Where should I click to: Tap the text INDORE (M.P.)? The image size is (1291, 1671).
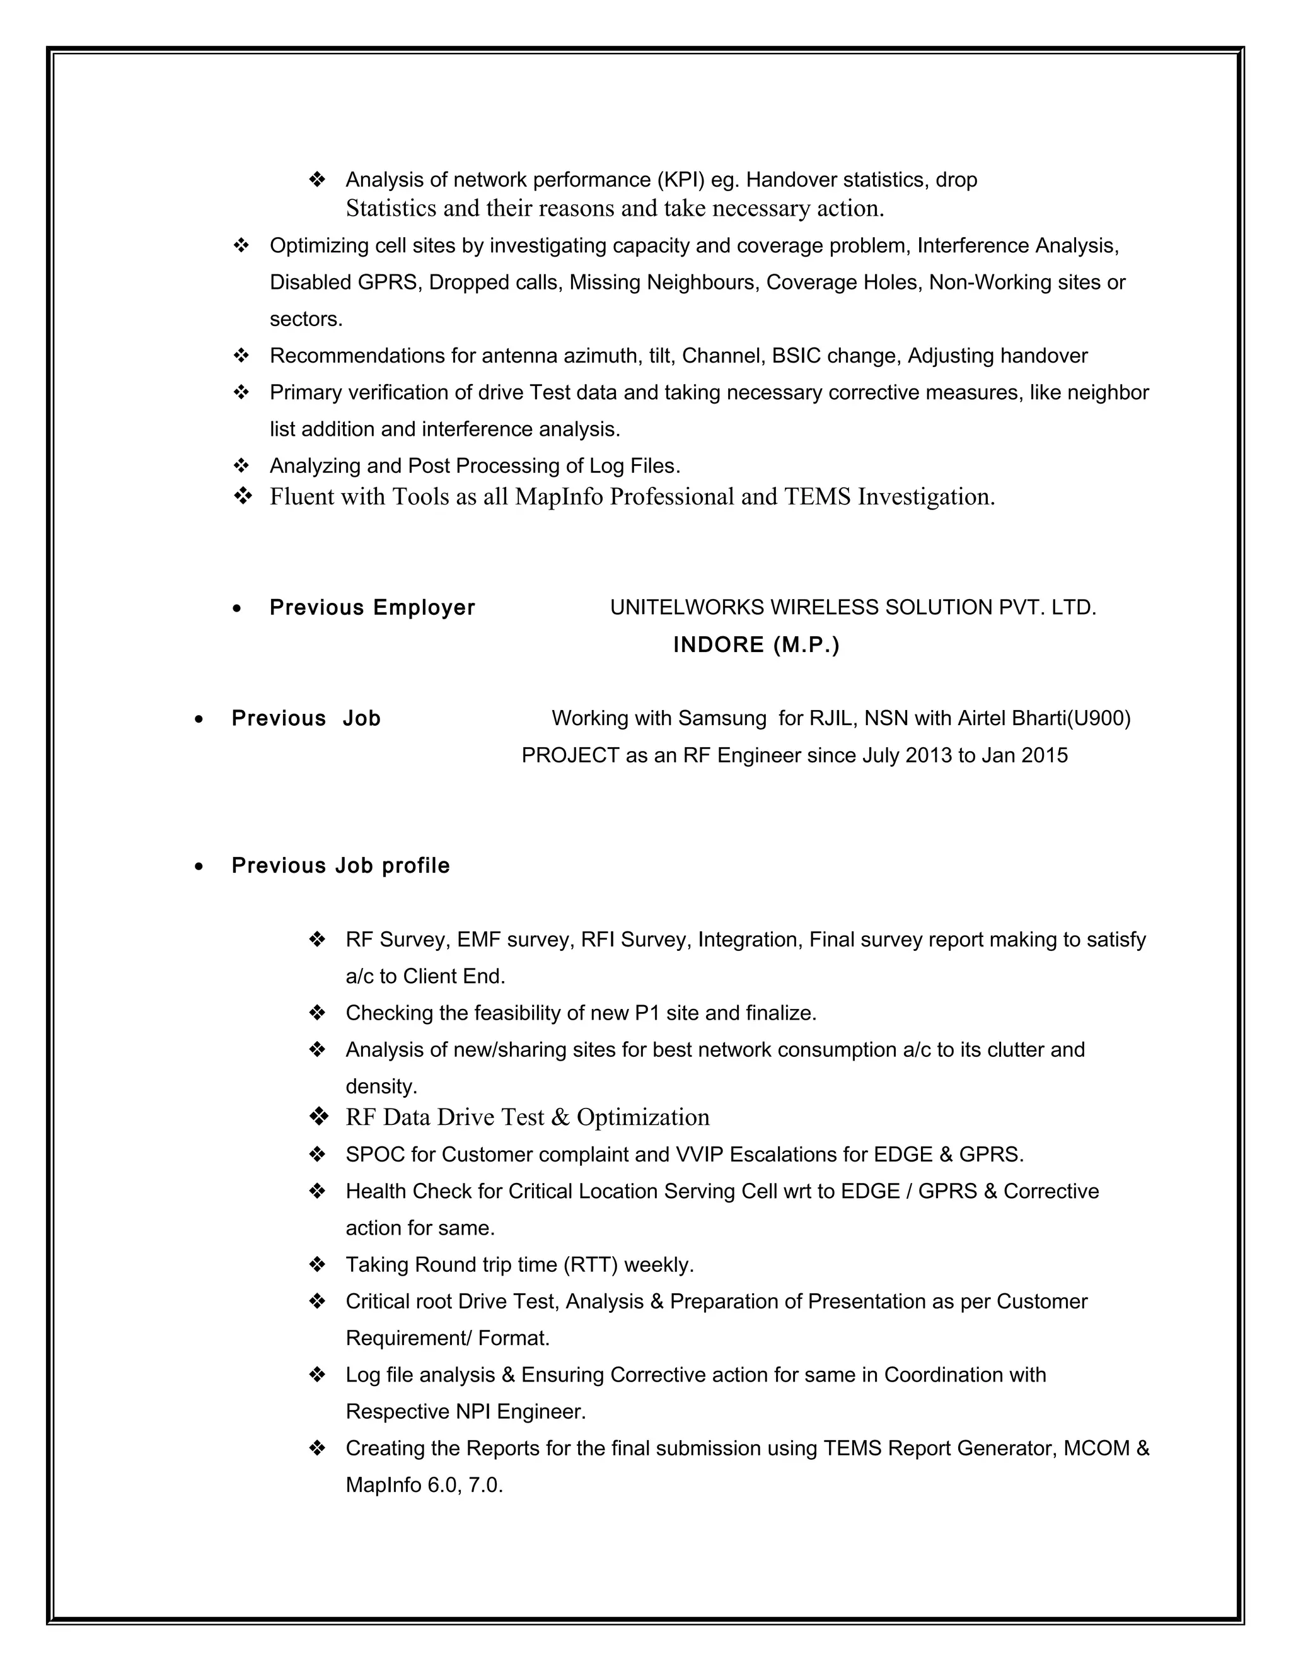756,645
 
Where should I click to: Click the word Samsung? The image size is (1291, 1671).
722,718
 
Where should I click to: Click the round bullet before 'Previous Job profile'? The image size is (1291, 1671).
199,866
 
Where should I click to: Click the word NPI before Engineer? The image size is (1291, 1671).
473,1412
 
